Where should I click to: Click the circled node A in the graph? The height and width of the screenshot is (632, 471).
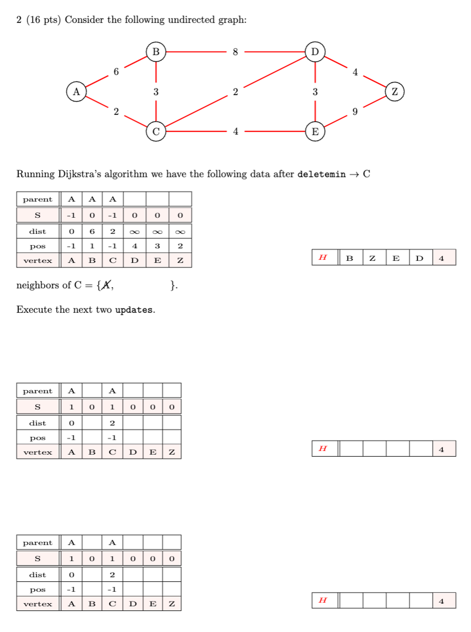pyautogui.click(x=76, y=91)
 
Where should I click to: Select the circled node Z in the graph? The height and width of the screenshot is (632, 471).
pyautogui.click(x=394, y=91)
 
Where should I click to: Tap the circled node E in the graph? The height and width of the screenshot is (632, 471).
pyautogui.click(x=315, y=131)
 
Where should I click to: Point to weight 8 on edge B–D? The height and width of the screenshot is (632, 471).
pyautogui.click(x=235, y=52)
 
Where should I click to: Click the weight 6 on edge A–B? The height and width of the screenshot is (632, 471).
pyautogui.click(x=116, y=72)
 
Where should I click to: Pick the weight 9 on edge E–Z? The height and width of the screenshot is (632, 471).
pyautogui.click(x=355, y=111)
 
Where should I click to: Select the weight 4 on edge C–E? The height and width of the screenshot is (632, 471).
pyautogui.click(x=235, y=131)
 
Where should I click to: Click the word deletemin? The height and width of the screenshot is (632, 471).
pyautogui.click(x=321, y=174)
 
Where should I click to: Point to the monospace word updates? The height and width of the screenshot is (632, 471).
pyautogui.click(x=133, y=310)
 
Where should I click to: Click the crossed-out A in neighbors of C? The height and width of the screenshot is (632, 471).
pyautogui.click(x=107, y=285)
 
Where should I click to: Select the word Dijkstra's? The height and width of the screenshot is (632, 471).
pyautogui.click(x=79, y=174)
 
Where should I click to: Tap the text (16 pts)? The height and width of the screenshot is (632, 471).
pyautogui.click(x=43, y=20)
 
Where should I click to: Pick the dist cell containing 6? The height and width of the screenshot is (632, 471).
pyautogui.click(x=92, y=231)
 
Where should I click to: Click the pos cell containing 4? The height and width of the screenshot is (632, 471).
pyautogui.click(x=134, y=246)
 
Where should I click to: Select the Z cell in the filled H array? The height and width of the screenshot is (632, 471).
pyautogui.click(x=372, y=258)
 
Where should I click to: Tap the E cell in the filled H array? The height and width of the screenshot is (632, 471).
pyautogui.click(x=396, y=258)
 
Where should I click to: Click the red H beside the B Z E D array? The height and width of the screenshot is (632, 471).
pyautogui.click(x=322, y=257)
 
